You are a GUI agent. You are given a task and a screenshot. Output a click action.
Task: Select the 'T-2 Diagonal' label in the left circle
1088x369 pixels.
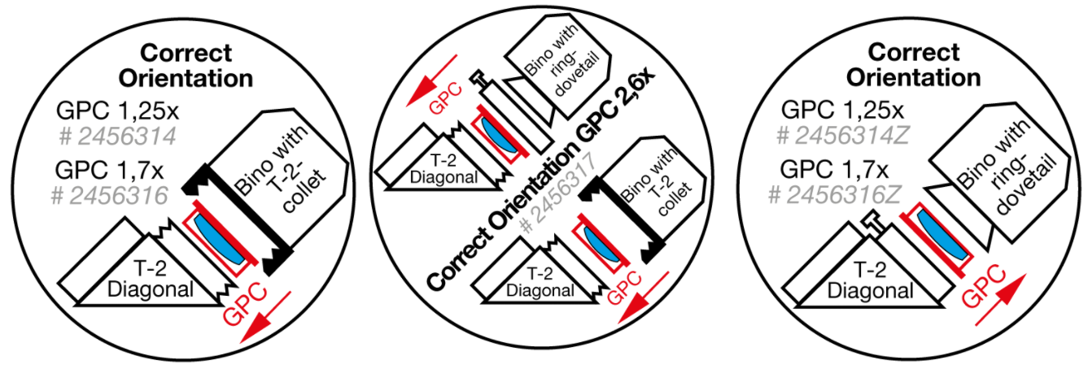153,280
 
